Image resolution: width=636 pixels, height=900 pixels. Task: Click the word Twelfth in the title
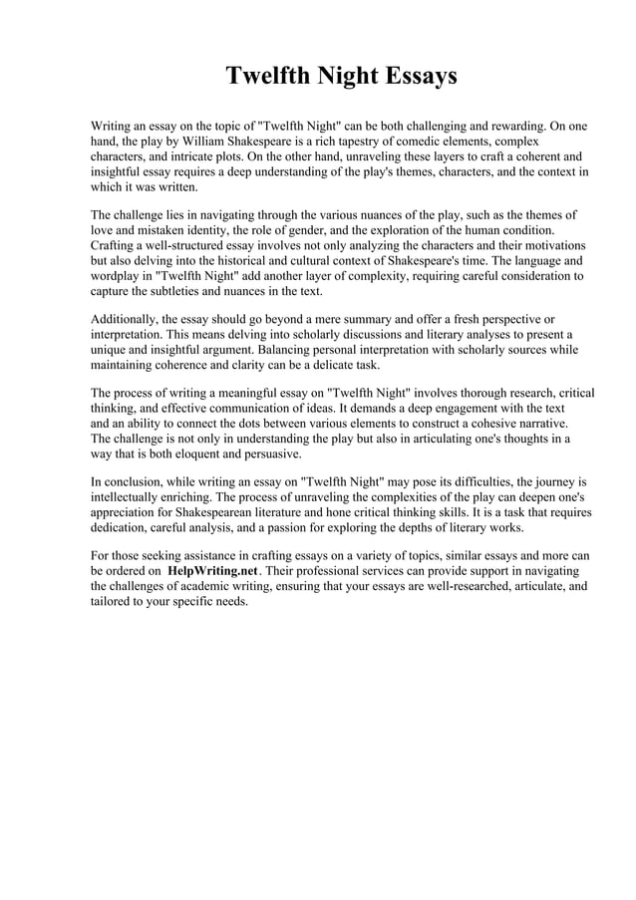click(x=264, y=76)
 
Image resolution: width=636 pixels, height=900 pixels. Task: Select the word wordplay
click(x=121, y=275)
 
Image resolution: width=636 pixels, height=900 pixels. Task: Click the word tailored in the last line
click(x=116, y=602)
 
